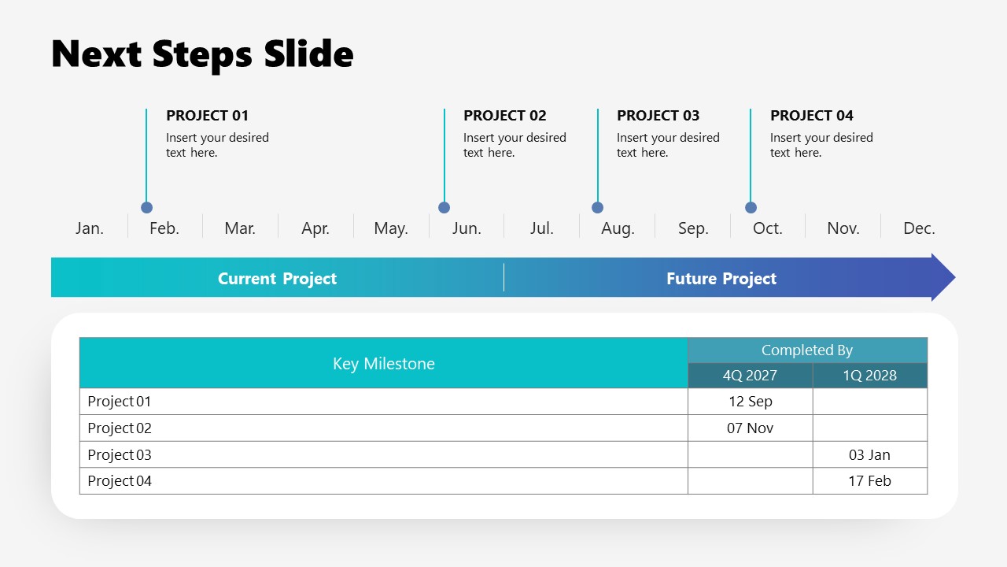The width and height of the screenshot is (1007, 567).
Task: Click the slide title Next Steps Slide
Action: (202, 54)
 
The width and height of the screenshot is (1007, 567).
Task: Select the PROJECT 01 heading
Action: (207, 116)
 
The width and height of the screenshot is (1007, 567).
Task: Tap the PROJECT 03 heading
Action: (658, 116)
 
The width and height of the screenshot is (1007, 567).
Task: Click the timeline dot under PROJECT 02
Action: (444, 208)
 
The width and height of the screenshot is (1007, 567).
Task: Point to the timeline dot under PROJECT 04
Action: (751, 208)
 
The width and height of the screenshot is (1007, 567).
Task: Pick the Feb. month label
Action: (164, 228)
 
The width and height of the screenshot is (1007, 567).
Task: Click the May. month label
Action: (391, 228)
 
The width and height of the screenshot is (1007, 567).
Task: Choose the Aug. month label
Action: (618, 228)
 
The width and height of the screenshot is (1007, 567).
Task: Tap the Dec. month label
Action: (919, 228)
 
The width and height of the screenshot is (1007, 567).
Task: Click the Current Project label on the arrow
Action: (277, 279)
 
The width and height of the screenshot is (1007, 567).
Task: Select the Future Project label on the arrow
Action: (721, 279)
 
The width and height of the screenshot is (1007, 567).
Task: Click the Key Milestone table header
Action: (384, 364)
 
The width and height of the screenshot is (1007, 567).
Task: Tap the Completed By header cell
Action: (807, 350)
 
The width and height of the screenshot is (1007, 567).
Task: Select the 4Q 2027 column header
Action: (750, 376)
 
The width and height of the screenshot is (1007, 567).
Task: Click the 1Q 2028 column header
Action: (869, 376)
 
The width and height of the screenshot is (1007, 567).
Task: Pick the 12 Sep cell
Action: (751, 402)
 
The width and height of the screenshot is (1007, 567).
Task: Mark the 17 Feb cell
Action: (869, 481)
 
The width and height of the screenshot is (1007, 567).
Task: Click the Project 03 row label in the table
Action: (120, 455)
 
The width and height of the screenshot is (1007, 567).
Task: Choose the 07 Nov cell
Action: (751, 428)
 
